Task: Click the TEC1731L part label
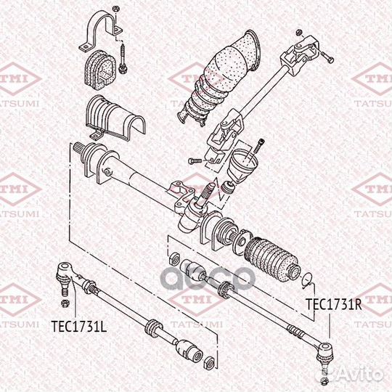pyautogui.click(x=78, y=326)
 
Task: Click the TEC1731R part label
pyautogui.click(x=333, y=304)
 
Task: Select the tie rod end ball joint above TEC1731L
pyautogui.click(x=63, y=275)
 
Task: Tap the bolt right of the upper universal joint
pyautogui.click(x=327, y=57)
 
